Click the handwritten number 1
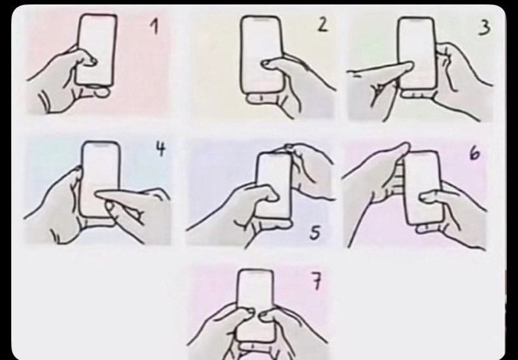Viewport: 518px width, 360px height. tap(154, 26)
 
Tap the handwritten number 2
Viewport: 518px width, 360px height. tap(322, 25)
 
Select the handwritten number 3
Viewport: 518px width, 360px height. tap(484, 27)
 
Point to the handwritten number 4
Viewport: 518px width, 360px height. tap(160, 149)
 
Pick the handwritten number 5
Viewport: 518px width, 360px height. tap(315, 233)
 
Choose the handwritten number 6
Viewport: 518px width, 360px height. tap(474, 153)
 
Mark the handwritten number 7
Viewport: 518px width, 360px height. tap(316, 282)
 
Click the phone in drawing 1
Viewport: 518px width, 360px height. tap(96, 50)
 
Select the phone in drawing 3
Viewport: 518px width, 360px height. tap(417, 53)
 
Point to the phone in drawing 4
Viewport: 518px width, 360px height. tap(100, 179)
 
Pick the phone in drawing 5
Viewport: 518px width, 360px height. tap(275, 186)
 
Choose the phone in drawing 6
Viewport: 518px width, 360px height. tap(423, 187)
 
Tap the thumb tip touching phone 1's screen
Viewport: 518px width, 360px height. tap(92, 61)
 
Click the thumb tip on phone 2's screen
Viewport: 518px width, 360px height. tap(266, 63)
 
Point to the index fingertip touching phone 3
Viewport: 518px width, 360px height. tap(409, 66)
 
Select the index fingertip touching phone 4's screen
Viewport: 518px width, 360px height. tap(100, 195)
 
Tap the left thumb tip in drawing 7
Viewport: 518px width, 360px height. tap(249, 312)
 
